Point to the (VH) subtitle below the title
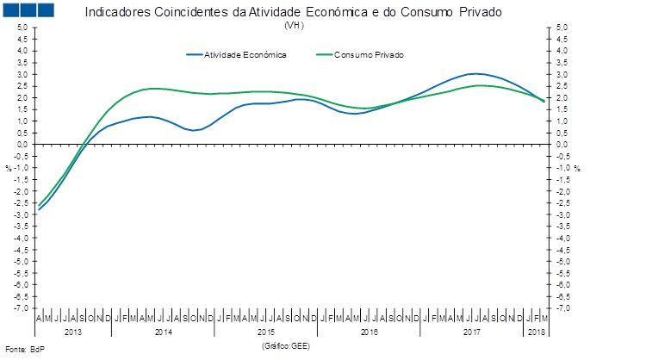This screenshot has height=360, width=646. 293,25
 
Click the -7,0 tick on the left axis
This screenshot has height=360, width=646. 21,307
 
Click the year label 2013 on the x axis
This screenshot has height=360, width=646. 74,332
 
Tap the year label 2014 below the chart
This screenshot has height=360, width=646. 165,332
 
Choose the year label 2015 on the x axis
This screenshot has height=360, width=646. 267,332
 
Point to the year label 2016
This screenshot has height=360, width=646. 370,332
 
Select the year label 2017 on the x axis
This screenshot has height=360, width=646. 472,332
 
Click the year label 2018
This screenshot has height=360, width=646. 536,332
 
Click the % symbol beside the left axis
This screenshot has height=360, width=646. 8,168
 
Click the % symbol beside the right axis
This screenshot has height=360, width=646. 578,168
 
